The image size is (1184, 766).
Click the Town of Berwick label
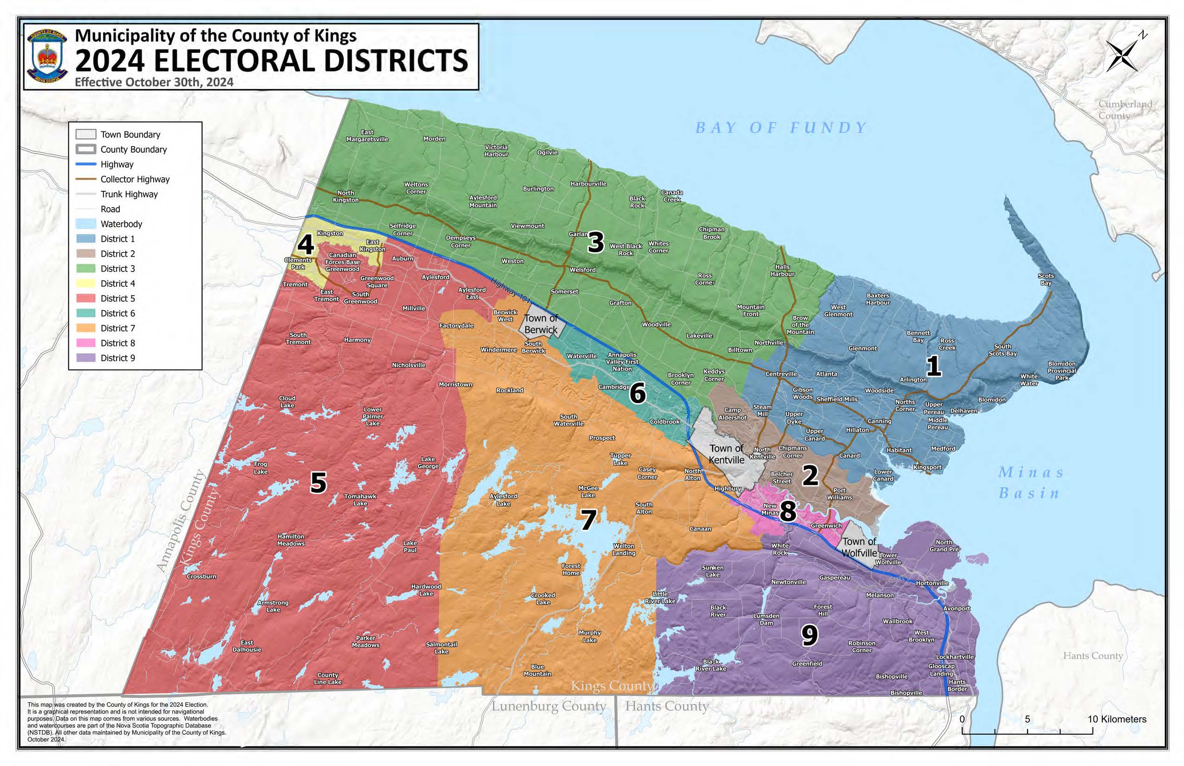[541, 324]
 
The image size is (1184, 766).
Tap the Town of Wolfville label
[859, 547]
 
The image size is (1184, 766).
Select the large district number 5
[319, 482]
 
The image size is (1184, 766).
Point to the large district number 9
[809, 635]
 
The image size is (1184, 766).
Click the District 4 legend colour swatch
[85, 284]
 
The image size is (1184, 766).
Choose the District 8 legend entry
[117, 343]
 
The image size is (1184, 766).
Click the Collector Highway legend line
[85, 179]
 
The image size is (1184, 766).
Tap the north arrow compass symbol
[1122, 55]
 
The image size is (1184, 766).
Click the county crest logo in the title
[47, 56]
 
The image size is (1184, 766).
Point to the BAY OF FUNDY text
[781, 128]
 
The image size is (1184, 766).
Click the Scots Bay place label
[1046, 279]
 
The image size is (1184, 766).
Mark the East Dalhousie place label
[247, 646]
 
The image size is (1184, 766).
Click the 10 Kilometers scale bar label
[1116, 719]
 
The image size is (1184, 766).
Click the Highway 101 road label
[510, 290]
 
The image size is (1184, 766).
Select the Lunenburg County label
[549, 706]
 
